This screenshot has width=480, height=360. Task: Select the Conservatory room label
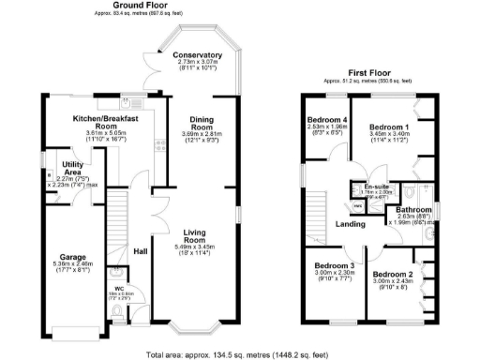click(197, 55)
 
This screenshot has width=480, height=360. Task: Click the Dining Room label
click(202, 125)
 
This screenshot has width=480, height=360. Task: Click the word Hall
click(140, 251)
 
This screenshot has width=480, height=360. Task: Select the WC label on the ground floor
click(118, 288)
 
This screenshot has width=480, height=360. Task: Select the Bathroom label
click(412, 210)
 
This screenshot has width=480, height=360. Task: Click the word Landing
click(352, 223)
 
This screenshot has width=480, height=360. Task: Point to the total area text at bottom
click(239, 354)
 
